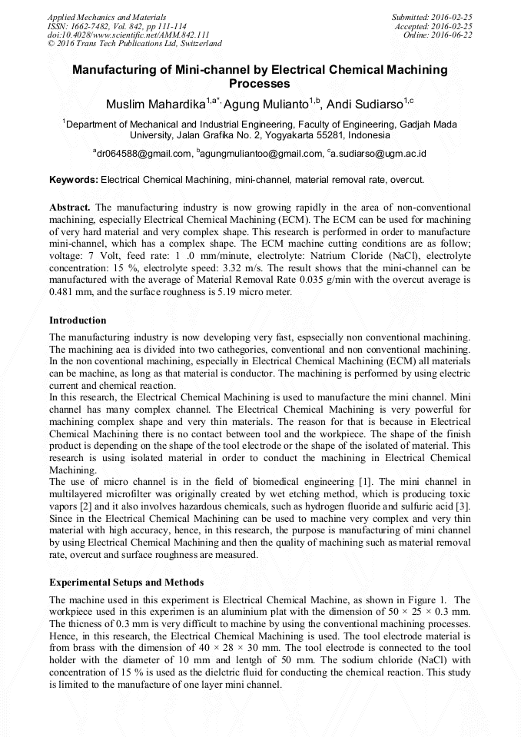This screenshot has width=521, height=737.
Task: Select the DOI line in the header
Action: (128, 35)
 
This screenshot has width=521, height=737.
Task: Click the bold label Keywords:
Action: (74, 180)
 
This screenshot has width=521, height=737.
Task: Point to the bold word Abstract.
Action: (70, 207)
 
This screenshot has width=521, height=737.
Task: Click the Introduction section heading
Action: (78, 320)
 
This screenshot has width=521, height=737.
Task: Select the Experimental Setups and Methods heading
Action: (126, 583)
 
